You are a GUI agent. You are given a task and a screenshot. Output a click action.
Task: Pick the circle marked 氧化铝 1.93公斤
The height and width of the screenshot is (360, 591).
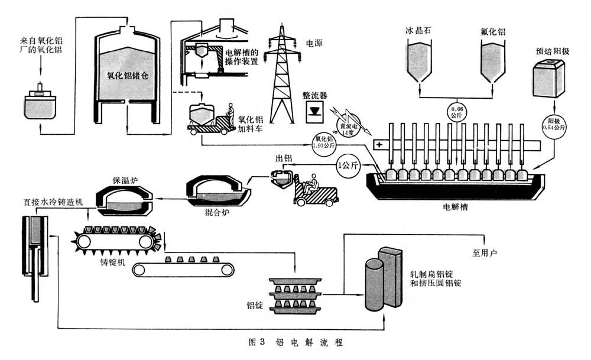click(x=324, y=142)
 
